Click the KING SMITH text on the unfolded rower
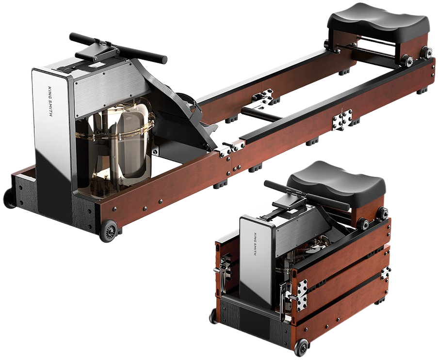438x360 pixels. coord(50,102)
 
